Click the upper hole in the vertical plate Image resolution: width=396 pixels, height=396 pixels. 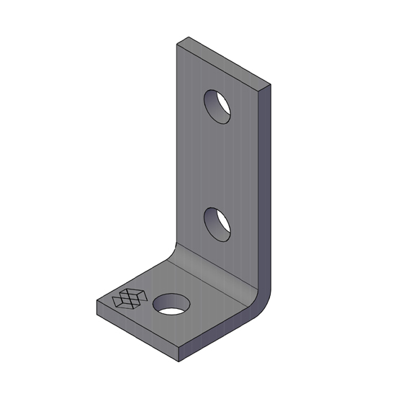[218, 106]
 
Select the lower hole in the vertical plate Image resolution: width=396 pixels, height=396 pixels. [218, 222]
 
